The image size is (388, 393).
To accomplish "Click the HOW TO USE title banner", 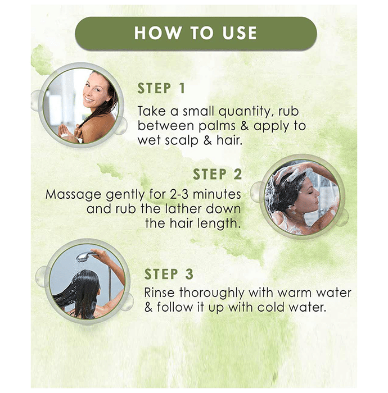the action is click(196, 33).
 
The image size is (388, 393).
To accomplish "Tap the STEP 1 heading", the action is click(161, 89).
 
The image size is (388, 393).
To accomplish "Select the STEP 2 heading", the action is click(218, 174).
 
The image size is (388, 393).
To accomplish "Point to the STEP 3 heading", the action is click(169, 274).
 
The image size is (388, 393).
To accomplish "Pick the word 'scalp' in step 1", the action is click(182, 140).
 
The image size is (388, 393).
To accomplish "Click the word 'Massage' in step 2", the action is click(74, 195).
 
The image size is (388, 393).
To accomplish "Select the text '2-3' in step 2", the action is click(179, 194).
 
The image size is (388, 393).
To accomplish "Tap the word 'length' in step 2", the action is click(217, 223).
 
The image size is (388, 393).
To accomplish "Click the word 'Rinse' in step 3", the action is click(159, 293).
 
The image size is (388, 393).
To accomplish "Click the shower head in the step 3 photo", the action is click(85, 257).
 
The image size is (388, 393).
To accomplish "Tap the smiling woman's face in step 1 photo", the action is click(96, 90).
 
